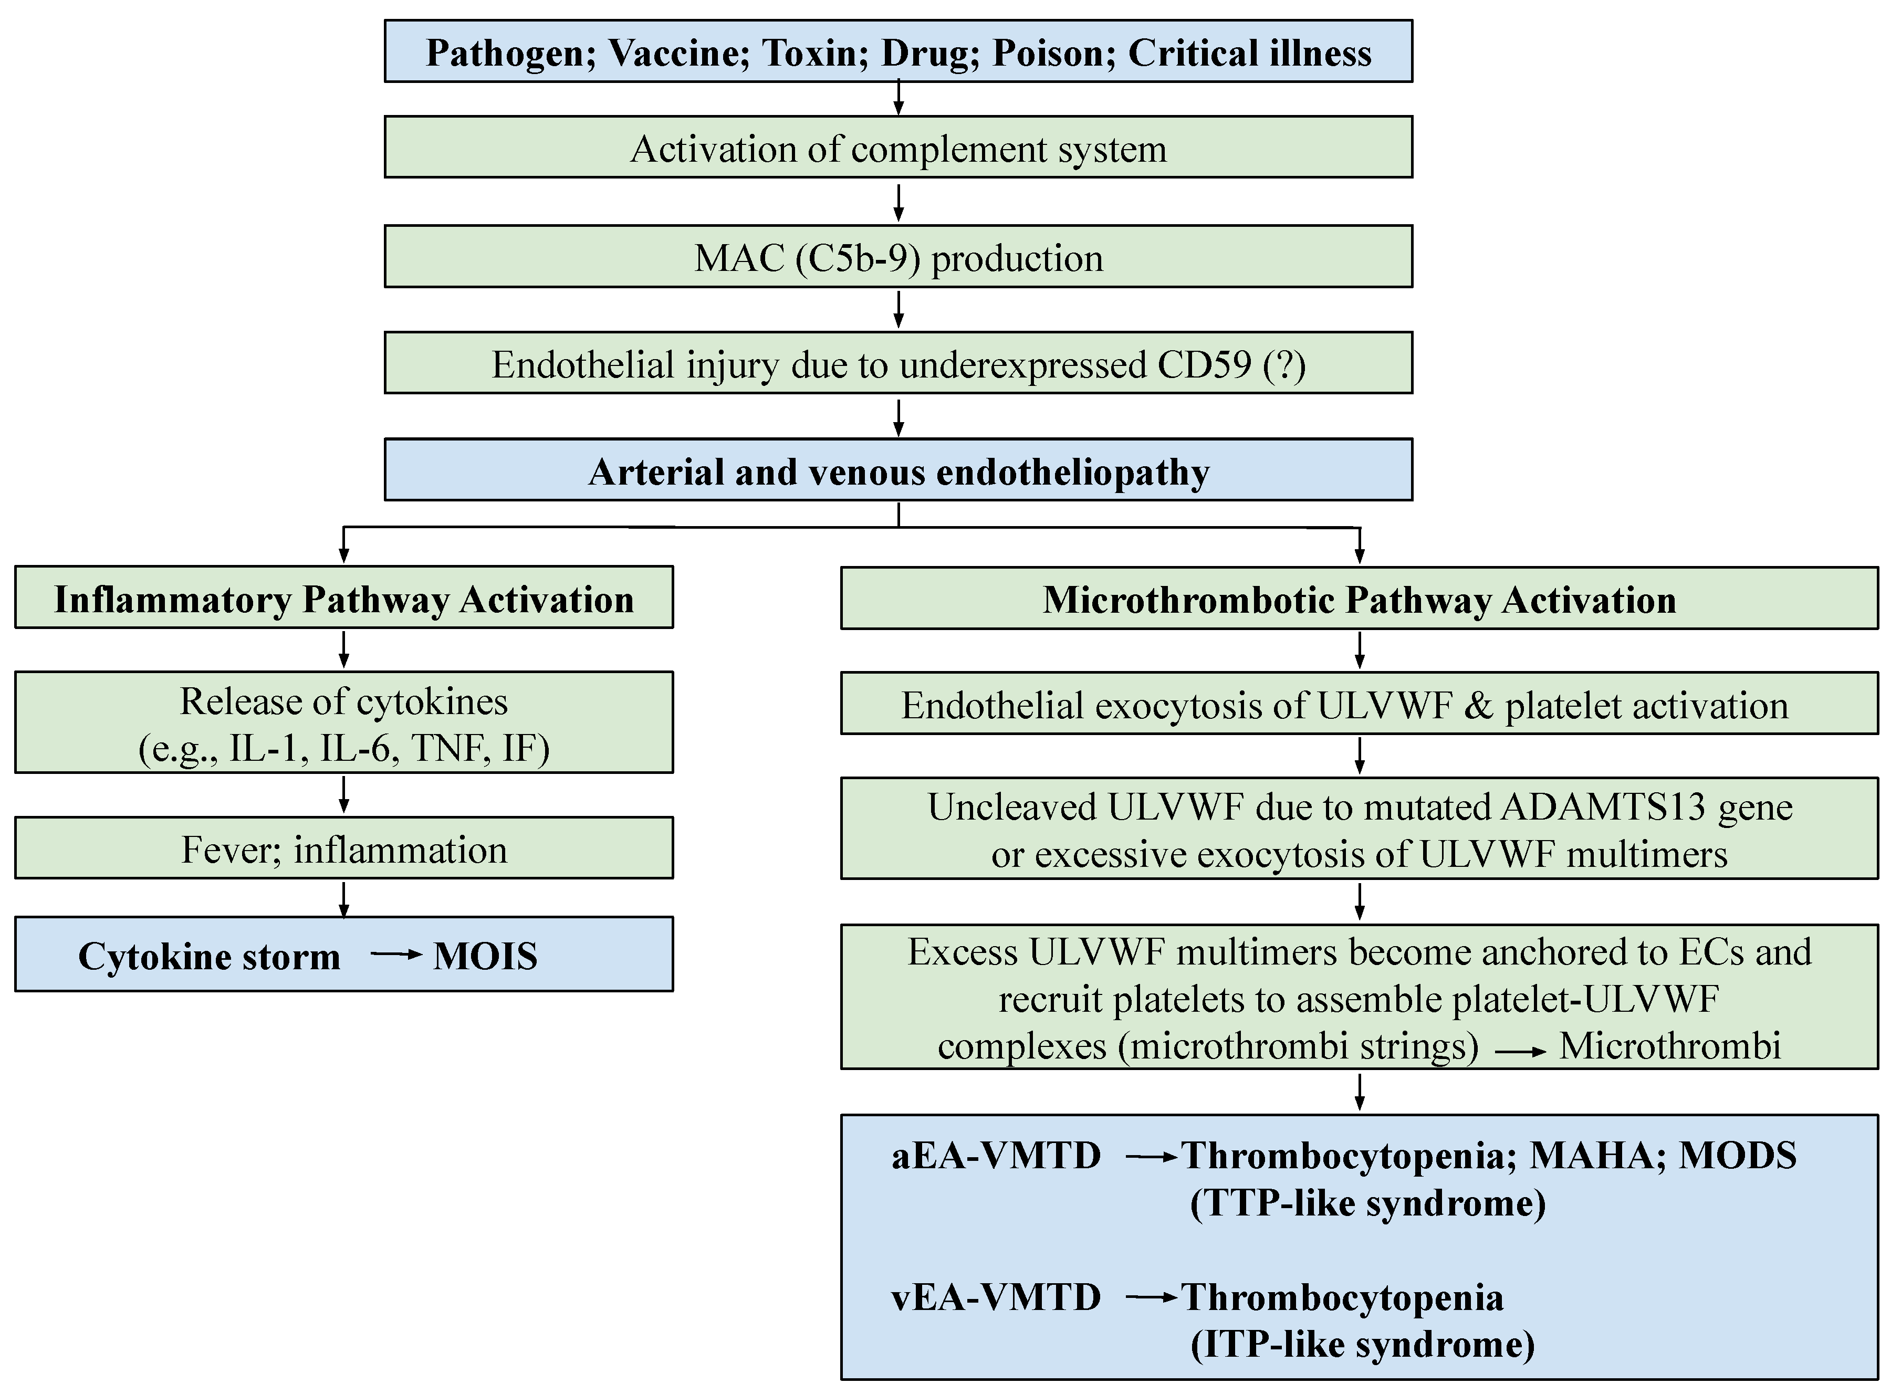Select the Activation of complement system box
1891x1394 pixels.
click(x=898, y=148)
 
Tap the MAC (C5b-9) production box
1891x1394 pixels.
click(x=898, y=257)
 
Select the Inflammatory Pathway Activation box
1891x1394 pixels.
click(x=343, y=598)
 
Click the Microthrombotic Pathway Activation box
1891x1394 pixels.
click(x=1359, y=599)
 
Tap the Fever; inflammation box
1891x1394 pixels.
click(x=343, y=849)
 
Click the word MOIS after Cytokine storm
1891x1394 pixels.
click(x=485, y=956)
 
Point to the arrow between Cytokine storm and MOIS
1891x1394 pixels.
click(x=396, y=955)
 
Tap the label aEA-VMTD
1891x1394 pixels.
click(x=996, y=1155)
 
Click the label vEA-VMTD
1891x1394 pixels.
click(x=996, y=1297)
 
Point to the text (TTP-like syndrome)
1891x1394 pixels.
click(x=1367, y=1202)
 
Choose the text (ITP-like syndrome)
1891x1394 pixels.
click(x=1362, y=1344)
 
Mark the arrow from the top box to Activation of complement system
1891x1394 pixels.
click(x=898, y=98)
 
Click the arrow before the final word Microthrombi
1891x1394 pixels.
click(x=1521, y=1051)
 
